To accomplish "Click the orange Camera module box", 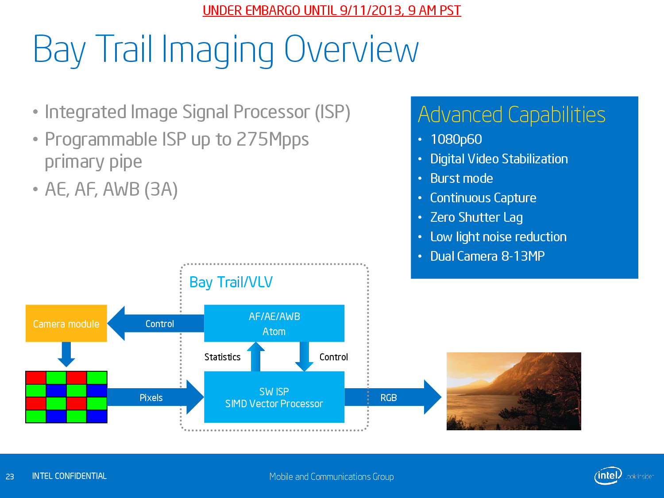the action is pyautogui.click(x=66, y=323).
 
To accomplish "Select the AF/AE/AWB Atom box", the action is pyautogui.click(x=274, y=323).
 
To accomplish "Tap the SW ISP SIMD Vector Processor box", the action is pyautogui.click(x=274, y=397).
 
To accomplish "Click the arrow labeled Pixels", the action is pyautogui.click(x=155, y=398).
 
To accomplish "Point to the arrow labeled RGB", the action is pyautogui.click(x=393, y=398).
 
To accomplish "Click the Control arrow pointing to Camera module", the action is pyautogui.click(x=156, y=324).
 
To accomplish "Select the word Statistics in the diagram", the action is pyautogui.click(x=222, y=357).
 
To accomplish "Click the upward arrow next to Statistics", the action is pyautogui.click(x=255, y=357).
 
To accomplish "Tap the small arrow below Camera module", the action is pyautogui.click(x=66, y=355).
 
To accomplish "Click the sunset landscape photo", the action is pyautogui.click(x=513, y=391).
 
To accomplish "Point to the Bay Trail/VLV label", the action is pyautogui.click(x=231, y=282).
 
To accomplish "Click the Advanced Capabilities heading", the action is pyautogui.click(x=512, y=115).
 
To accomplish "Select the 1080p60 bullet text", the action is pyautogui.click(x=456, y=139).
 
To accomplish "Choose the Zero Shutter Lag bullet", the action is pyautogui.click(x=476, y=217).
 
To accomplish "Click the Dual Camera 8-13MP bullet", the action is pyautogui.click(x=487, y=256).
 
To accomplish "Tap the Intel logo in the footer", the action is pyautogui.click(x=608, y=475).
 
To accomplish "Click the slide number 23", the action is pyautogui.click(x=10, y=477).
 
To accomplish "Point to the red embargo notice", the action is pyautogui.click(x=332, y=11).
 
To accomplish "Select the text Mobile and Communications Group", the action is pyautogui.click(x=332, y=477).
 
